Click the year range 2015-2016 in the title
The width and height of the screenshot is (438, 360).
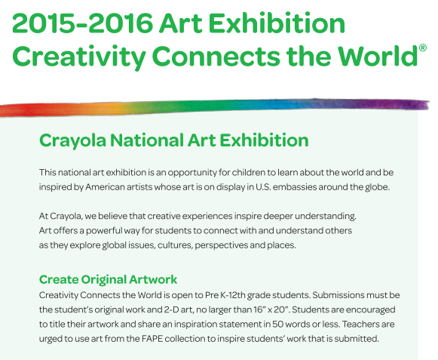point(83,23)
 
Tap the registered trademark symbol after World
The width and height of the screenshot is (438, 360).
point(423,48)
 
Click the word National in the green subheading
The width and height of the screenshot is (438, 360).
point(147,140)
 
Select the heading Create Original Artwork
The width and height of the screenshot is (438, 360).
point(108,279)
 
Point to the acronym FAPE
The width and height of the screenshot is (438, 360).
point(152,339)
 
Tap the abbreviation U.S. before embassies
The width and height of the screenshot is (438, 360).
point(263,187)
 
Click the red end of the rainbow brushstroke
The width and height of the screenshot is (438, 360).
point(11,110)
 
